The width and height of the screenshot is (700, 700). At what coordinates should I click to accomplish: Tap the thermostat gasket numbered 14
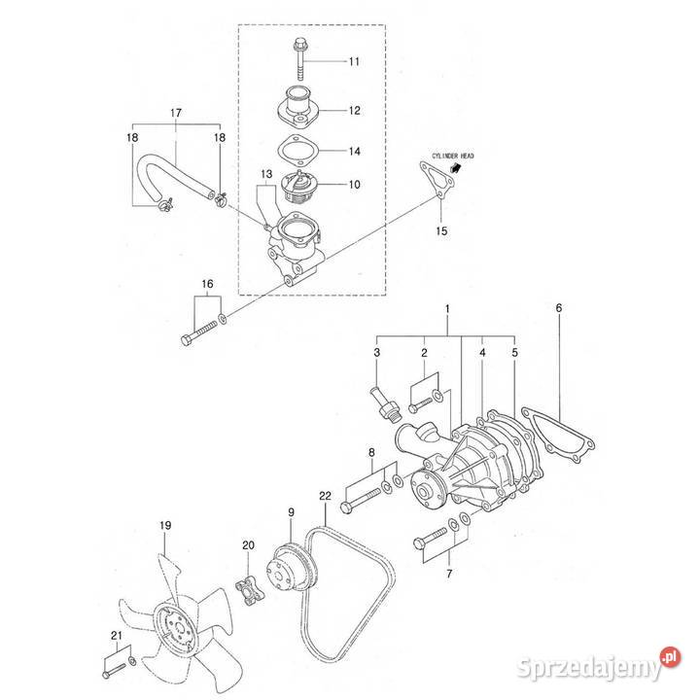pyautogui.click(x=295, y=153)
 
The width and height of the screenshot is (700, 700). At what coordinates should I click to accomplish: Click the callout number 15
pyautogui.click(x=442, y=231)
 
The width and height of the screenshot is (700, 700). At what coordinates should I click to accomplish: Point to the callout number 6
pyautogui.click(x=559, y=308)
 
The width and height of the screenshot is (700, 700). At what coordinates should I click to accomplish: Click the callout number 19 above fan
pyautogui.click(x=165, y=526)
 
